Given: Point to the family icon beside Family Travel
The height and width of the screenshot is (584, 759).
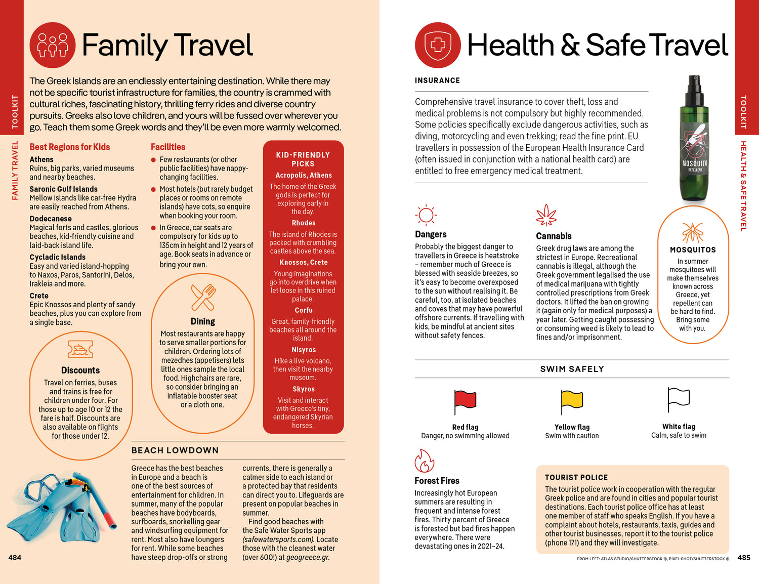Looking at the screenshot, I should [53, 45].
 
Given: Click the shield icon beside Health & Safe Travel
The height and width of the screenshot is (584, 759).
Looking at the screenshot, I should [438, 45].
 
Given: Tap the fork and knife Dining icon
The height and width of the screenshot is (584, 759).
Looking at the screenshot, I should [203, 298].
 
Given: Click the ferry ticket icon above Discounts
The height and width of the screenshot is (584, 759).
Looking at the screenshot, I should [80, 349].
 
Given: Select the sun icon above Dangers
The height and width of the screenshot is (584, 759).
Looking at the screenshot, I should [426, 215].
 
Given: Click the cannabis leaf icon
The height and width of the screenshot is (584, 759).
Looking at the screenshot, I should [546, 216].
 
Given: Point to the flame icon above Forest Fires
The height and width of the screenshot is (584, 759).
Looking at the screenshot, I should [424, 461].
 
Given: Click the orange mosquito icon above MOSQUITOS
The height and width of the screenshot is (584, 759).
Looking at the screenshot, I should [693, 232].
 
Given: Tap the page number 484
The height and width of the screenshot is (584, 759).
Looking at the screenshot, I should [15, 557].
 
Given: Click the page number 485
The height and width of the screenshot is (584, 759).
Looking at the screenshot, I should [743, 557].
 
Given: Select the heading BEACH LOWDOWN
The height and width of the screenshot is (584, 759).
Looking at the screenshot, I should [175, 450].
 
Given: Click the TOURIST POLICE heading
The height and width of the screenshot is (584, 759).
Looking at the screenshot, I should [576, 477].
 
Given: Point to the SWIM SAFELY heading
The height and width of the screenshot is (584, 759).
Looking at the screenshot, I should [572, 369].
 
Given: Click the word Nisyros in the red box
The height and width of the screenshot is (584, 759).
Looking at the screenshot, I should [304, 350].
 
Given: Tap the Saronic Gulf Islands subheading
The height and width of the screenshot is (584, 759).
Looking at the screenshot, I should [63, 189].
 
